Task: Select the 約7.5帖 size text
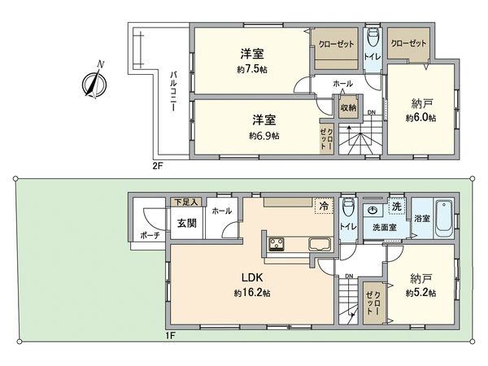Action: coord(251,69)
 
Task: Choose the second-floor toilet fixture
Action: coord(372,38)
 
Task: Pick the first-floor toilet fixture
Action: coord(347,206)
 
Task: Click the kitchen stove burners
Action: coord(275,243)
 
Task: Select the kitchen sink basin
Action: coord(318,246)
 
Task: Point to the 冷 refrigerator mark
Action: coord(324,206)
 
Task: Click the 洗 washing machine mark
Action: coord(396,206)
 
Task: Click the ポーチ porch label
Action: coord(150,235)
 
